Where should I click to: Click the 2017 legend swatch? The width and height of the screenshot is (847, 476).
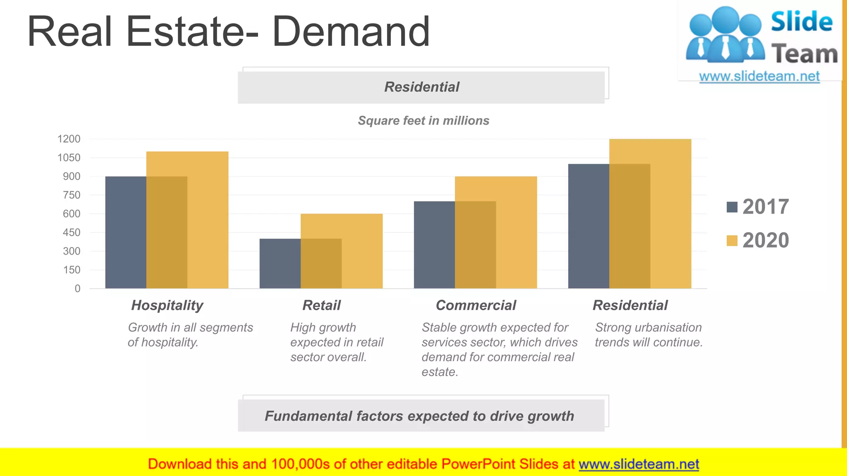[732, 207]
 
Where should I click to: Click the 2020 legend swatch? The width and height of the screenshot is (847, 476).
[732, 240]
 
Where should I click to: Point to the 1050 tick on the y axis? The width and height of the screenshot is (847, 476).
[69, 157]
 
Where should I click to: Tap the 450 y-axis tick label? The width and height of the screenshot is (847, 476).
[72, 232]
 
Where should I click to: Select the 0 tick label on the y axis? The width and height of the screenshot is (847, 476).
[77, 288]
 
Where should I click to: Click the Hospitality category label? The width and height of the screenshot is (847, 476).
[167, 305]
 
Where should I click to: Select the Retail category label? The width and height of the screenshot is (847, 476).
[321, 305]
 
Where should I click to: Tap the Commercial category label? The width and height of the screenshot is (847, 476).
[476, 305]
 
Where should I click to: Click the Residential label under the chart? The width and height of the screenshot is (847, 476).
[630, 305]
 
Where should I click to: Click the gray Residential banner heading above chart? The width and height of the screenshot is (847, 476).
[421, 87]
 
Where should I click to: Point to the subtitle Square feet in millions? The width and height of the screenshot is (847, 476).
[423, 121]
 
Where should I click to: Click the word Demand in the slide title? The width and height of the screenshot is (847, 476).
[351, 31]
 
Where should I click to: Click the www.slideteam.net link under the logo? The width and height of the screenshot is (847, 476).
[759, 76]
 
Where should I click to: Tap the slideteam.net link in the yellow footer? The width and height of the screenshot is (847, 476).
[639, 464]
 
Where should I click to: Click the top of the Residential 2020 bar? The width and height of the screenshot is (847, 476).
[650, 140]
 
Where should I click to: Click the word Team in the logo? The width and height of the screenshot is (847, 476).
[804, 54]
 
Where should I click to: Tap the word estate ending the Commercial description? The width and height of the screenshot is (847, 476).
[439, 372]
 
